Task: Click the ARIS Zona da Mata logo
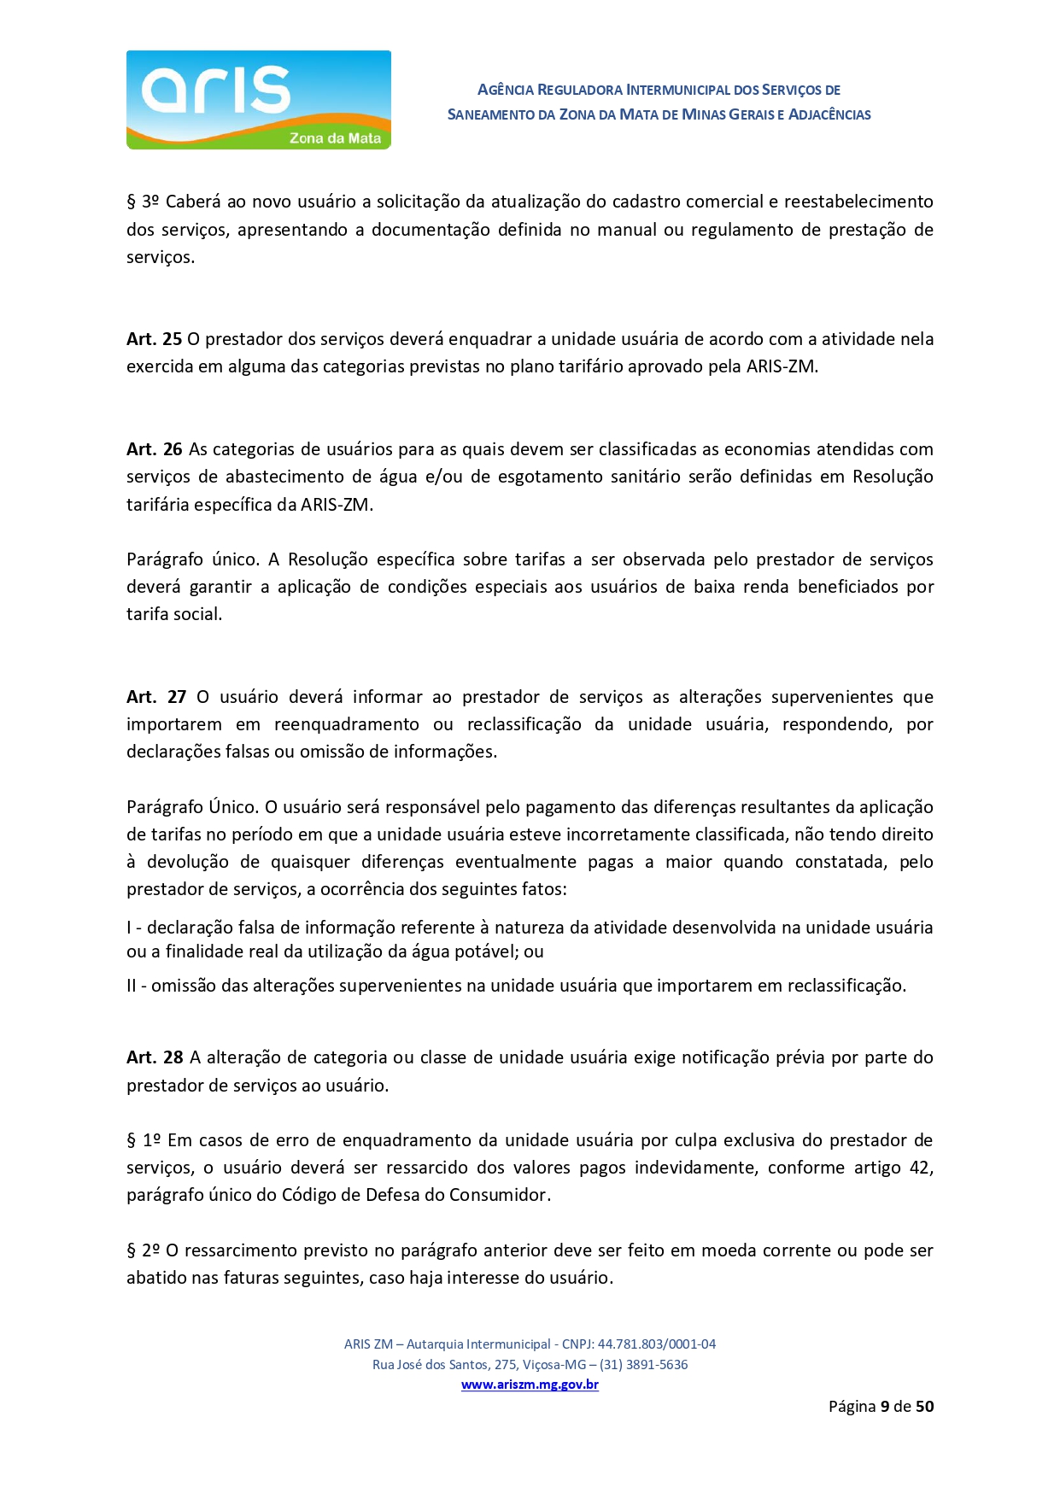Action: pos(258,100)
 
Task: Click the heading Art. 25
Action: pos(154,339)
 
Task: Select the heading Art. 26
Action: pos(154,449)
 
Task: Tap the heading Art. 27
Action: pos(155,697)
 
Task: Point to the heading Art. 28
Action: pos(155,1057)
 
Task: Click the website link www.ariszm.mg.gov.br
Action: pos(530,1385)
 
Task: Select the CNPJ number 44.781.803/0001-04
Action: pos(656,1344)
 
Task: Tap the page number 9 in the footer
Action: pos(885,1407)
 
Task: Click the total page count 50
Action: pos(924,1407)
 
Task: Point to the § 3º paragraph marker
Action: pos(143,202)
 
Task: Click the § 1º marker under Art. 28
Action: pos(143,1140)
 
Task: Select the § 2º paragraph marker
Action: pos(143,1250)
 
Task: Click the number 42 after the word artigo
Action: pos(920,1168)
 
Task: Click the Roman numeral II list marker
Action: pos(132,986)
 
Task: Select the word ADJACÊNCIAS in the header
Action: pos(829,114)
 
